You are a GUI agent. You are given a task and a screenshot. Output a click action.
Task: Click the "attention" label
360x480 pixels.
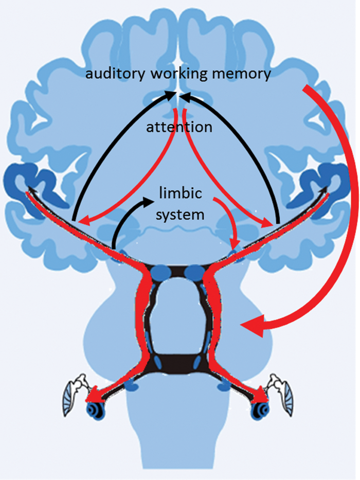[x=179, y=127]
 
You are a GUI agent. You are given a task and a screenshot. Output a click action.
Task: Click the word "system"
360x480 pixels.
[x=180, y=214]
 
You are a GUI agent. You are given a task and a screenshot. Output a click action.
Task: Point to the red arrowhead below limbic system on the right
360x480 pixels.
[x=235, y=244]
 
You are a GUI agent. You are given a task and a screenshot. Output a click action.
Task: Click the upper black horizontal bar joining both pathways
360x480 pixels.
[x=178, y=271]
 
